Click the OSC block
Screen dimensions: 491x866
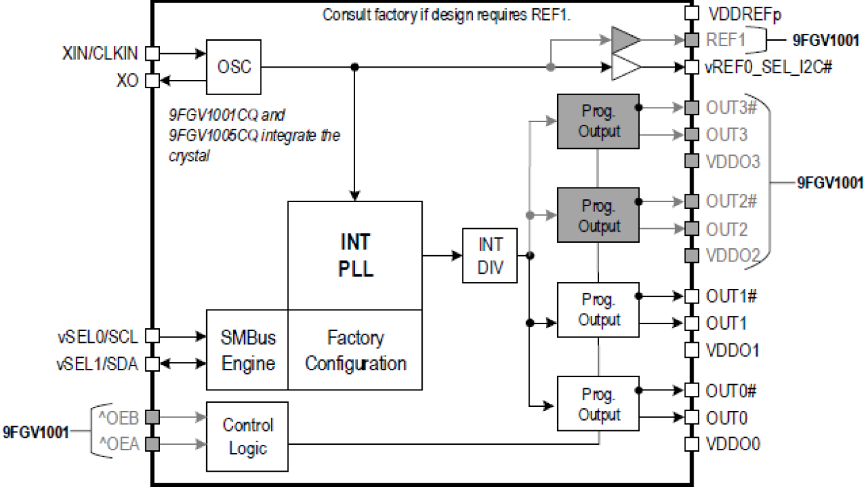234,67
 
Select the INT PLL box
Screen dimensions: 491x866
355,255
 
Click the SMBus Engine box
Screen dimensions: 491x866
248,350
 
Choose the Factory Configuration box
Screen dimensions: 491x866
355,350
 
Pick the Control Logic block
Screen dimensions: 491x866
248,437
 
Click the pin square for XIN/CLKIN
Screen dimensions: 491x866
153,52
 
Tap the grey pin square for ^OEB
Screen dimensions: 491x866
153,417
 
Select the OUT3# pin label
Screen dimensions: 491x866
732,108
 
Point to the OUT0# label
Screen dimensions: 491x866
732,391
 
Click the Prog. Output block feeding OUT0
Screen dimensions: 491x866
598,404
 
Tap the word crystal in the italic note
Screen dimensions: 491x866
188,156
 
